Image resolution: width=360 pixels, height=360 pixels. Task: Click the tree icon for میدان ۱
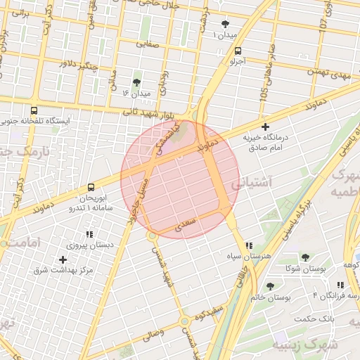click(226, 23)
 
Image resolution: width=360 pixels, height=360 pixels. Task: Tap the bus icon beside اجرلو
click(238, 51)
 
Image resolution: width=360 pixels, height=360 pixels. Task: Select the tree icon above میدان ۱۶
click(136, 82)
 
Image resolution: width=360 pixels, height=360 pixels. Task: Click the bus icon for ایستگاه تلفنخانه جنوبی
click(34, 110)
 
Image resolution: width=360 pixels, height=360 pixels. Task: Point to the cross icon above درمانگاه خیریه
click(265, 127)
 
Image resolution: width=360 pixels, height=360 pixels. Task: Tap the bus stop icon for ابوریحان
click(91, 187)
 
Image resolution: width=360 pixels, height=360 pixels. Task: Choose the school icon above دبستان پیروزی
click(89, 234)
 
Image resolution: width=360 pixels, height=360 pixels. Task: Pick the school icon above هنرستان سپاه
click(249, 245)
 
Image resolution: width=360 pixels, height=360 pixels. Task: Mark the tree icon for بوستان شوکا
click(305, 257)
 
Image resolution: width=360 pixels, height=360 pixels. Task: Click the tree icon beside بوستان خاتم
click(270, 286)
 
